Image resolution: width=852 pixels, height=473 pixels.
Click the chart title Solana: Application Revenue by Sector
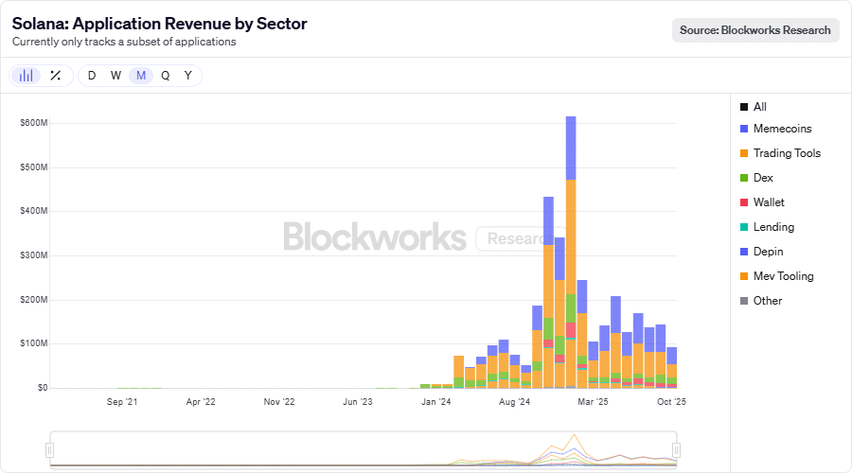point(159,24)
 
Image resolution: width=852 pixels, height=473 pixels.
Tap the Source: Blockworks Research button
point(755,30)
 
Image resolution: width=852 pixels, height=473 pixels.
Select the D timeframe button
point(92,76)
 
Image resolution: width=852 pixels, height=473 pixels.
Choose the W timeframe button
point(115,76)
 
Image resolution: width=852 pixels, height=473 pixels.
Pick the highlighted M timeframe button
point(141,76)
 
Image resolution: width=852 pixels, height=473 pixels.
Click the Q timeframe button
point(165,76)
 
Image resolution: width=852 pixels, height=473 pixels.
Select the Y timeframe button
point(188,76)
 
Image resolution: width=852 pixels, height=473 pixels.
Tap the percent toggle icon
point(55,76)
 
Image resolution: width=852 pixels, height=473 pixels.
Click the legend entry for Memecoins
point(782,129)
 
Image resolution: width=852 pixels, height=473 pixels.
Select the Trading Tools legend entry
point(787,153)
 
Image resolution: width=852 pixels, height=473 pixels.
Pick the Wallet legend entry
point(769,202)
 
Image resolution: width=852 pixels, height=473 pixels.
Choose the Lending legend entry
point(773,227)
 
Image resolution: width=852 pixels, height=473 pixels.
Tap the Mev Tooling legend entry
point(783,276)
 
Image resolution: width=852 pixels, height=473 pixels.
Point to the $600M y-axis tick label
point(34,123)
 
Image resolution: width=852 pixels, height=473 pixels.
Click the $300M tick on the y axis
point(34,255)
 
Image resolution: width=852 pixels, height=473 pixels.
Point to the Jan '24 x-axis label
point(435,402)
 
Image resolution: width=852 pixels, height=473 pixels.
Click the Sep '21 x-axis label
point(122,402)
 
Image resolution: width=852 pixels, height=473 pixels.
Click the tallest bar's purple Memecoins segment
point(571,148)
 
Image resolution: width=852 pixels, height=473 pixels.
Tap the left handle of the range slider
point(50,449)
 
